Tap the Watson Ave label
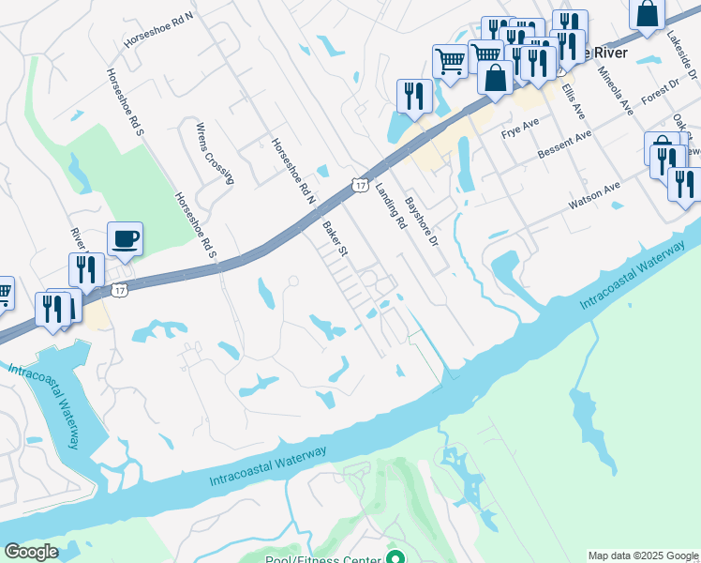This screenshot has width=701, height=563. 595,195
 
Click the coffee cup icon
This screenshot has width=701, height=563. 124,238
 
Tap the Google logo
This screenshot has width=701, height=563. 31,552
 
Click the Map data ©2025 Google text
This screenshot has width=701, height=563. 643,555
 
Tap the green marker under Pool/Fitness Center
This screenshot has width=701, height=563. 395,557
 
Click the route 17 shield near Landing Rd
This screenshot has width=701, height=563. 360,185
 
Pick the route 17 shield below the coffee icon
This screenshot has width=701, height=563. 119,290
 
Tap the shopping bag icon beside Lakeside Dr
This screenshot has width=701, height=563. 647,13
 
